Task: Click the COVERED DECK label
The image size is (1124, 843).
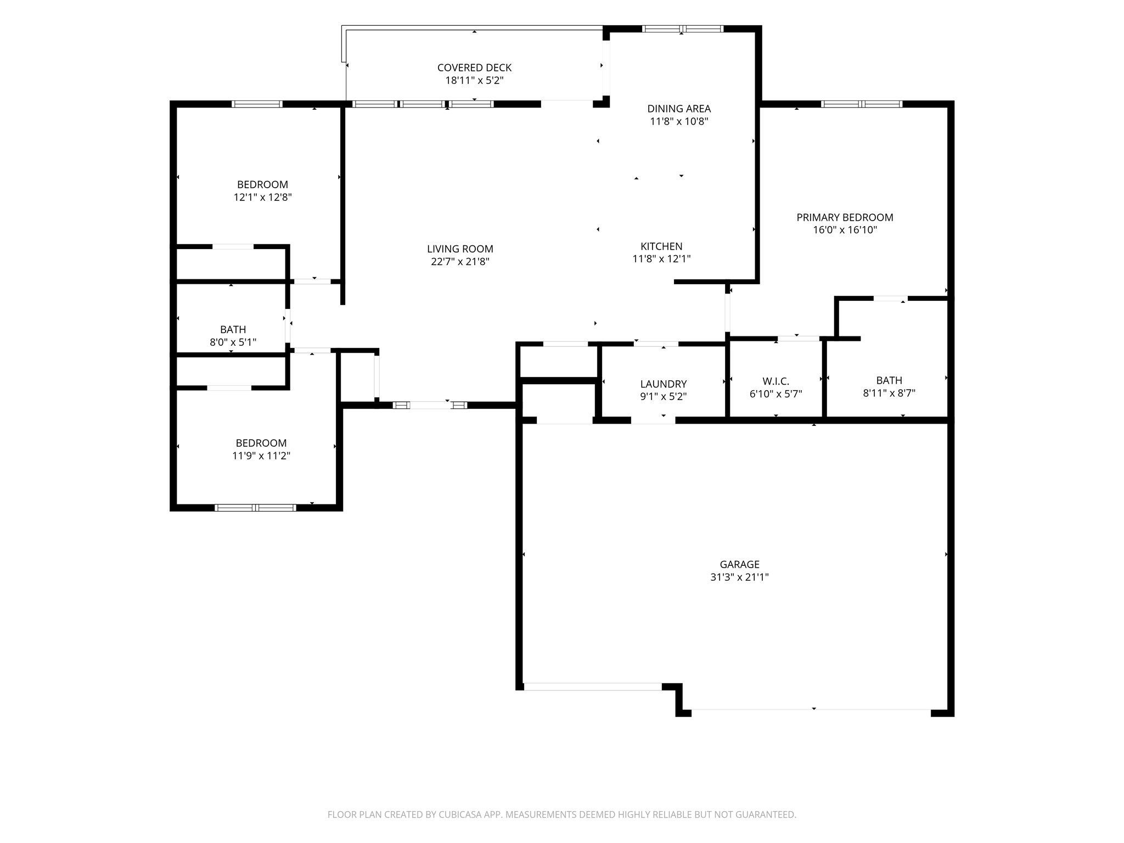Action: point(474,68)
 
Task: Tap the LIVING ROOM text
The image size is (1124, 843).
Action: point(460,249)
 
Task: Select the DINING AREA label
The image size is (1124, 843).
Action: point(679,109)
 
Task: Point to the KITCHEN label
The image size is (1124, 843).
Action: point(661,246)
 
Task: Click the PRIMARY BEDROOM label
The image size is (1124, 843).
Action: point(845,217)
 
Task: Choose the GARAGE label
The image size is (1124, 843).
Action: point(739,564)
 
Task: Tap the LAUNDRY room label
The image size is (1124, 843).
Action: point(663,384)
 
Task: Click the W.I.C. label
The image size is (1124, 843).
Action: point(775,381)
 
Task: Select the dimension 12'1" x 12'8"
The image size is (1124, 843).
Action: point(262,197)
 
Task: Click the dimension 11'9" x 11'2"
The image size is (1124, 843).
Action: point(261,456)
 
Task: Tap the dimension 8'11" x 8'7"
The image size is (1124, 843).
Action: point(889,393)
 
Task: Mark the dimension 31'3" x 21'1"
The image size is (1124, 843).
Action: point(739,577)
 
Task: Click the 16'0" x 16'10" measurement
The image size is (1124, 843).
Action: point(845,230)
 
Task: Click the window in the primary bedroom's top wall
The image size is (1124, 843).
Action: point(862,104)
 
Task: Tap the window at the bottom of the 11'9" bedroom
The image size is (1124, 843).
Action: point(255,508)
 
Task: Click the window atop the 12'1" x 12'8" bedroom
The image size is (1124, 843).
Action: point(257,104)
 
